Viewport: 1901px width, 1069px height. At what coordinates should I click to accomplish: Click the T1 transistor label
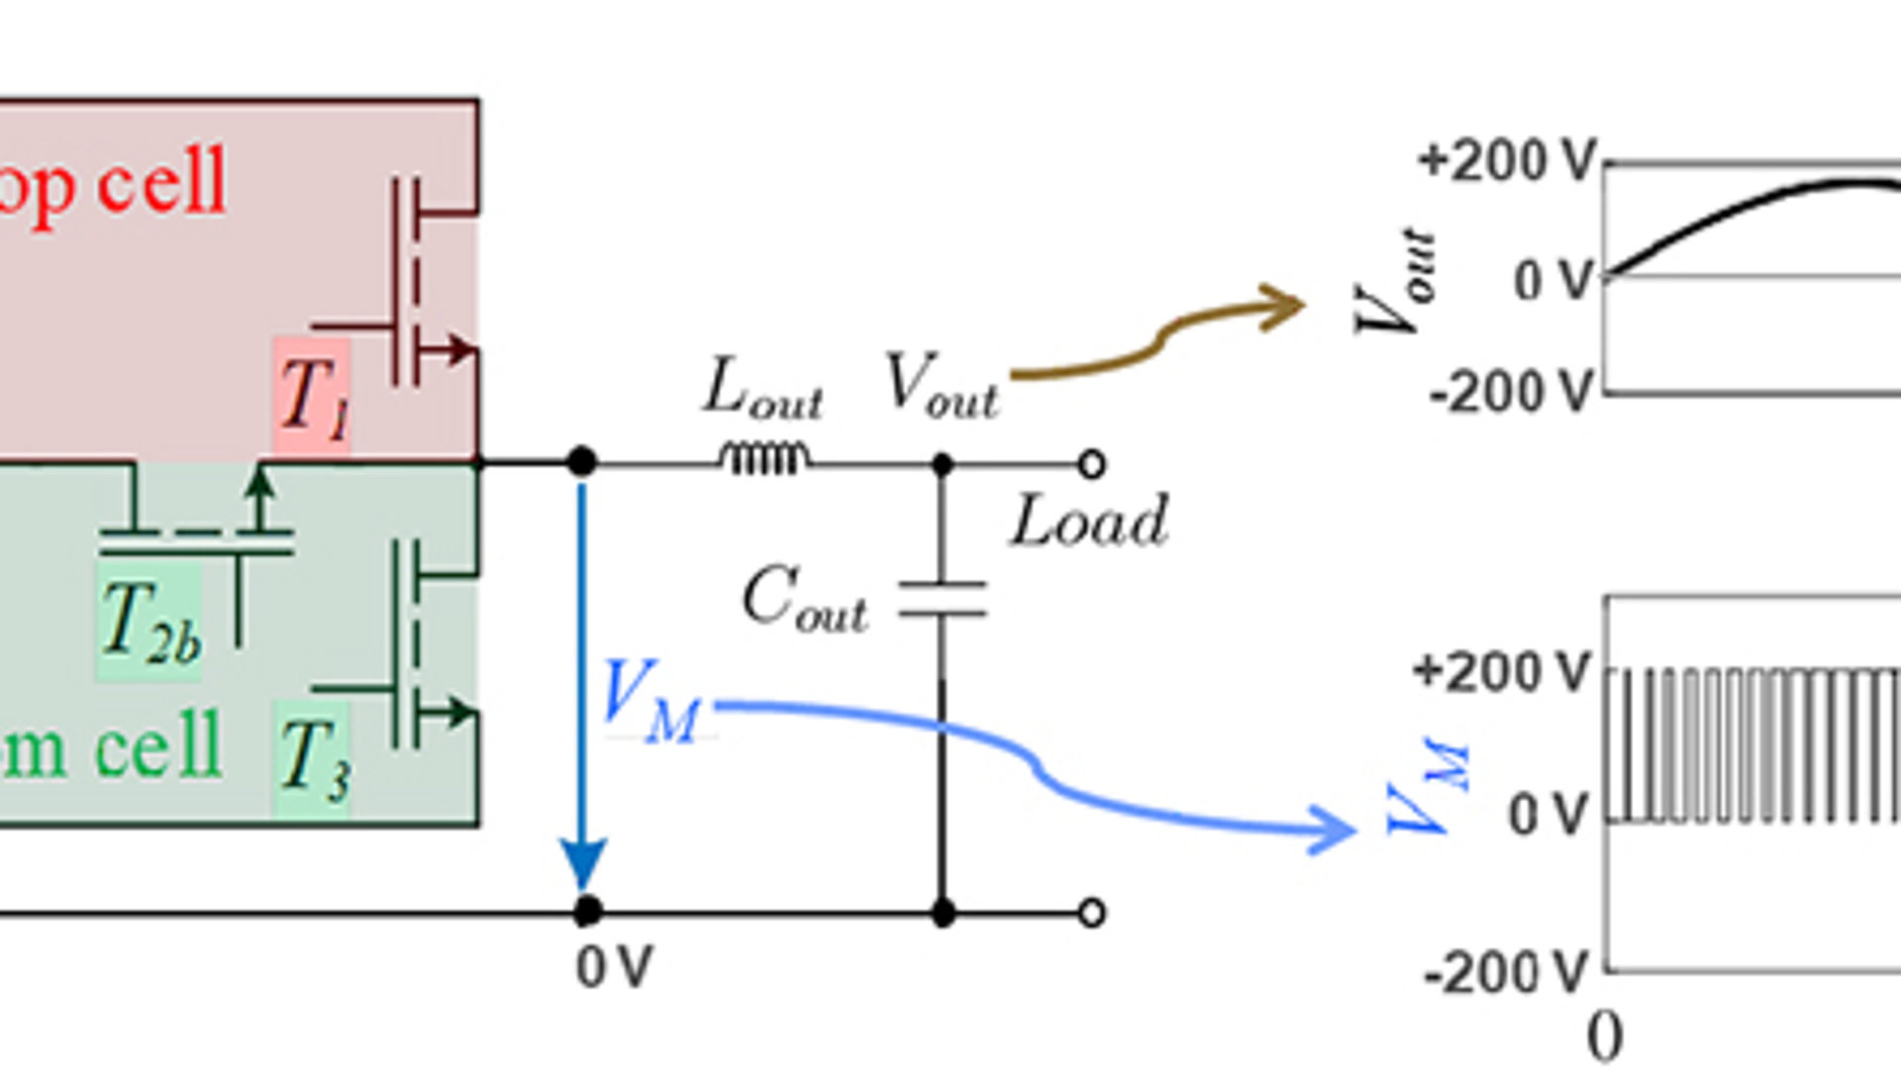click(313, 397)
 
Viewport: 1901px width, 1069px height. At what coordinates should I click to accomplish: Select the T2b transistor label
click(150, 623)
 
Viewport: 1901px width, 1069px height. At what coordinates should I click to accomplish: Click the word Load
click(1089, 522)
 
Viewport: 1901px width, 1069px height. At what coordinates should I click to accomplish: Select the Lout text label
click(762, 388)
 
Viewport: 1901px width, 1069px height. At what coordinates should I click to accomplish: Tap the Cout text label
click(804, 599)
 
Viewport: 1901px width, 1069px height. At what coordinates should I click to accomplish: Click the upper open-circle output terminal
click(1091, 464)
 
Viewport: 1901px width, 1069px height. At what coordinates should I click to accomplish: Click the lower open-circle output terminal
click(1091, 913)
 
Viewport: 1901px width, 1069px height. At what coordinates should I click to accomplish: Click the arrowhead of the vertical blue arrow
click(583, 864)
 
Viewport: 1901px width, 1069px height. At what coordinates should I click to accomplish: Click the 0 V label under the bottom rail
click(614, 967)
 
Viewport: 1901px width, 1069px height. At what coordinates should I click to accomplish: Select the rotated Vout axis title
click(1394, 282)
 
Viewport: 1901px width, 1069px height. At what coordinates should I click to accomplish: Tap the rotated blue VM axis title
click(1429, 787)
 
